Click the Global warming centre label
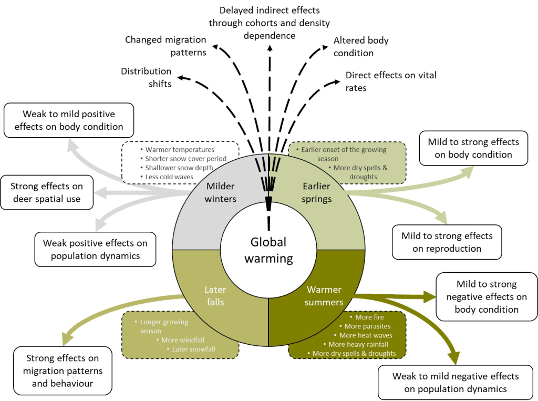(268, 250)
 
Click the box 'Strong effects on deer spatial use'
(46, 192)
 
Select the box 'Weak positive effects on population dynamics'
(95, 249)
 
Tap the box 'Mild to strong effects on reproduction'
(447, 242)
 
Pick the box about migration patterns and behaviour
(63, 371)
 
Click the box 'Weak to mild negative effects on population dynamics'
(455, 382)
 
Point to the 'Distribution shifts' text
(146, 77)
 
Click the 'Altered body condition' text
(361, 47)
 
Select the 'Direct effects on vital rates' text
(391, 81)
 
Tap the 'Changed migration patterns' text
(165, 46)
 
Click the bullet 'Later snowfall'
(194, 349)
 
